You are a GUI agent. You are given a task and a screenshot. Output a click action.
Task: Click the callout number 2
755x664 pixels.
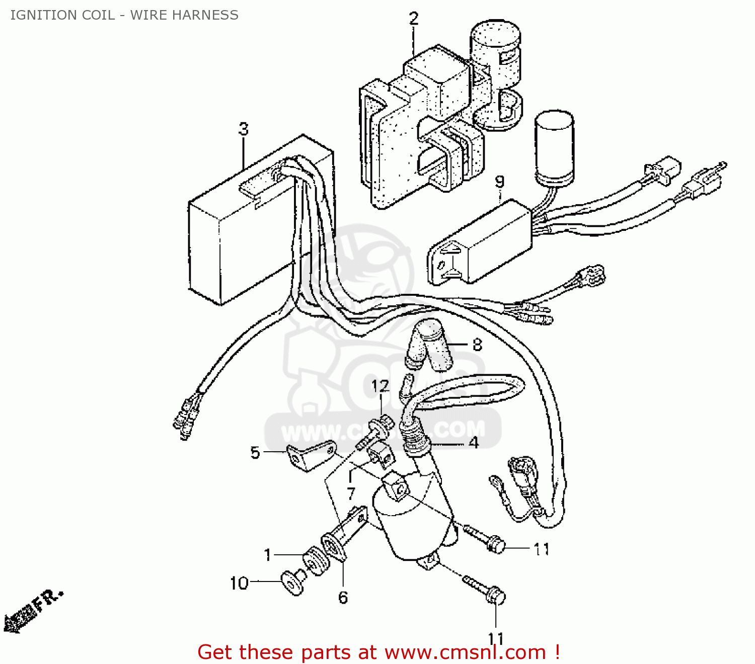click(x=413, y=19)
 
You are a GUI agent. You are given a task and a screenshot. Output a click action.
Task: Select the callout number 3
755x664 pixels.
click(x=244, y=129)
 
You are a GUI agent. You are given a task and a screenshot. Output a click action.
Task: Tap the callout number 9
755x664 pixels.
click(x=499, y=182)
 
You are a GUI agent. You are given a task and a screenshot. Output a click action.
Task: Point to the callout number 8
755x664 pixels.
click(x=477, y=345)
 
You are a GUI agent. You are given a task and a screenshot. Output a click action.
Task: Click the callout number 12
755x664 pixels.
click(x=381, y=386)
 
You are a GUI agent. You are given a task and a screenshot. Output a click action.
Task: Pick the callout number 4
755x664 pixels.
click(x=474, y=443)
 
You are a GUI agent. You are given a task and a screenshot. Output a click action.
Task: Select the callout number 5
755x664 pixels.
click(x=255, y=453)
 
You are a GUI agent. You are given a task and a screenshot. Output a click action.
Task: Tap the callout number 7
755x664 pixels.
click(x=351, y=493)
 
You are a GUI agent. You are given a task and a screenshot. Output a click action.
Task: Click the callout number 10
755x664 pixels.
click(x=239, y=584)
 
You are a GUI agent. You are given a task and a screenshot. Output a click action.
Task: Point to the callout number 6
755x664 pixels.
click(x=343, y=598)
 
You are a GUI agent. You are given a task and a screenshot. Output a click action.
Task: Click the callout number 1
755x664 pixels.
click(x=268, y=555)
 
